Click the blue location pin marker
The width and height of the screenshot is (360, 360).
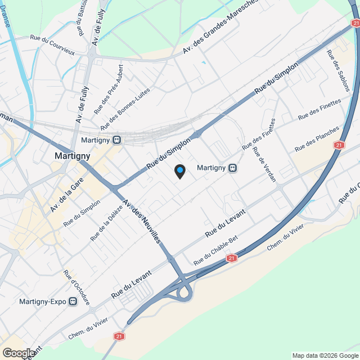179,171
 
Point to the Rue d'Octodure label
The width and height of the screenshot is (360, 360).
76,287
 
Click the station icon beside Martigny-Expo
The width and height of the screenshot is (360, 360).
73,301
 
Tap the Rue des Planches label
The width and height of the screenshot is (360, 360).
317,139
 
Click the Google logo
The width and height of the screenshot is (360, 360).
19,353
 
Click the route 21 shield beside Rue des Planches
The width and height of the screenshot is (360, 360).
338,145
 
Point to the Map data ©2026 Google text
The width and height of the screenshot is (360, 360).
325,355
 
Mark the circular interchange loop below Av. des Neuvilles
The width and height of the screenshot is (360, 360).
183,292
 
